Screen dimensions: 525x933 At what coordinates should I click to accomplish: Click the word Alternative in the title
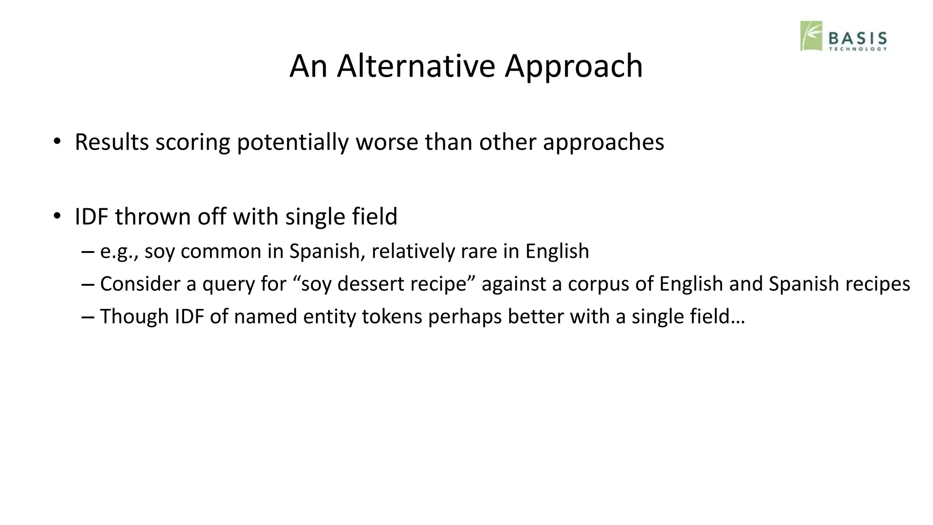(x=415, y=66)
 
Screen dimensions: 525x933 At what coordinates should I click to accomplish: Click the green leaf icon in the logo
(x=811, y=36)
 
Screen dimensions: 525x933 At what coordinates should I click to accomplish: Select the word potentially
(x=292, y=143)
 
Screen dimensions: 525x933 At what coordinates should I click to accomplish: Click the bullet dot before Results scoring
(x=56, y=141)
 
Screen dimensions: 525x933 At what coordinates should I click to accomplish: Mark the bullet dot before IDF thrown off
(x=56, y=216)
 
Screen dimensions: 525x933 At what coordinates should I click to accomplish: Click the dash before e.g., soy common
(x=87, y=252)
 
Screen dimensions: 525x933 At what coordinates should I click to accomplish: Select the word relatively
(x=413, y=251)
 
